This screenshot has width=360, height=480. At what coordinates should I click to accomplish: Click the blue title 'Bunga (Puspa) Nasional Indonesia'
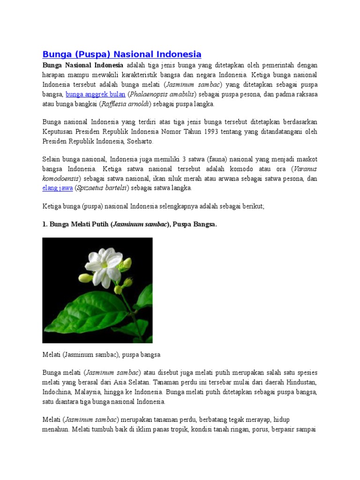[x=121, y=54]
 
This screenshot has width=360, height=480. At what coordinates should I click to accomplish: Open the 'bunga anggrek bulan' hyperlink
[x=96, y=94]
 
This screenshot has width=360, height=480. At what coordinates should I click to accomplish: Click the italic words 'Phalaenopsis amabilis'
[x=161, y=94]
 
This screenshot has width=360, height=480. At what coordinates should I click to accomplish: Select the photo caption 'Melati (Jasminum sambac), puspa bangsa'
[x=101, y=355]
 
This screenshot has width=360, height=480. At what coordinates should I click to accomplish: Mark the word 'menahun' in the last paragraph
[x=56, y=429]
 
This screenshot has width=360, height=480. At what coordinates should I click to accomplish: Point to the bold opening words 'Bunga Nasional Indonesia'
[x=83, y=65]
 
